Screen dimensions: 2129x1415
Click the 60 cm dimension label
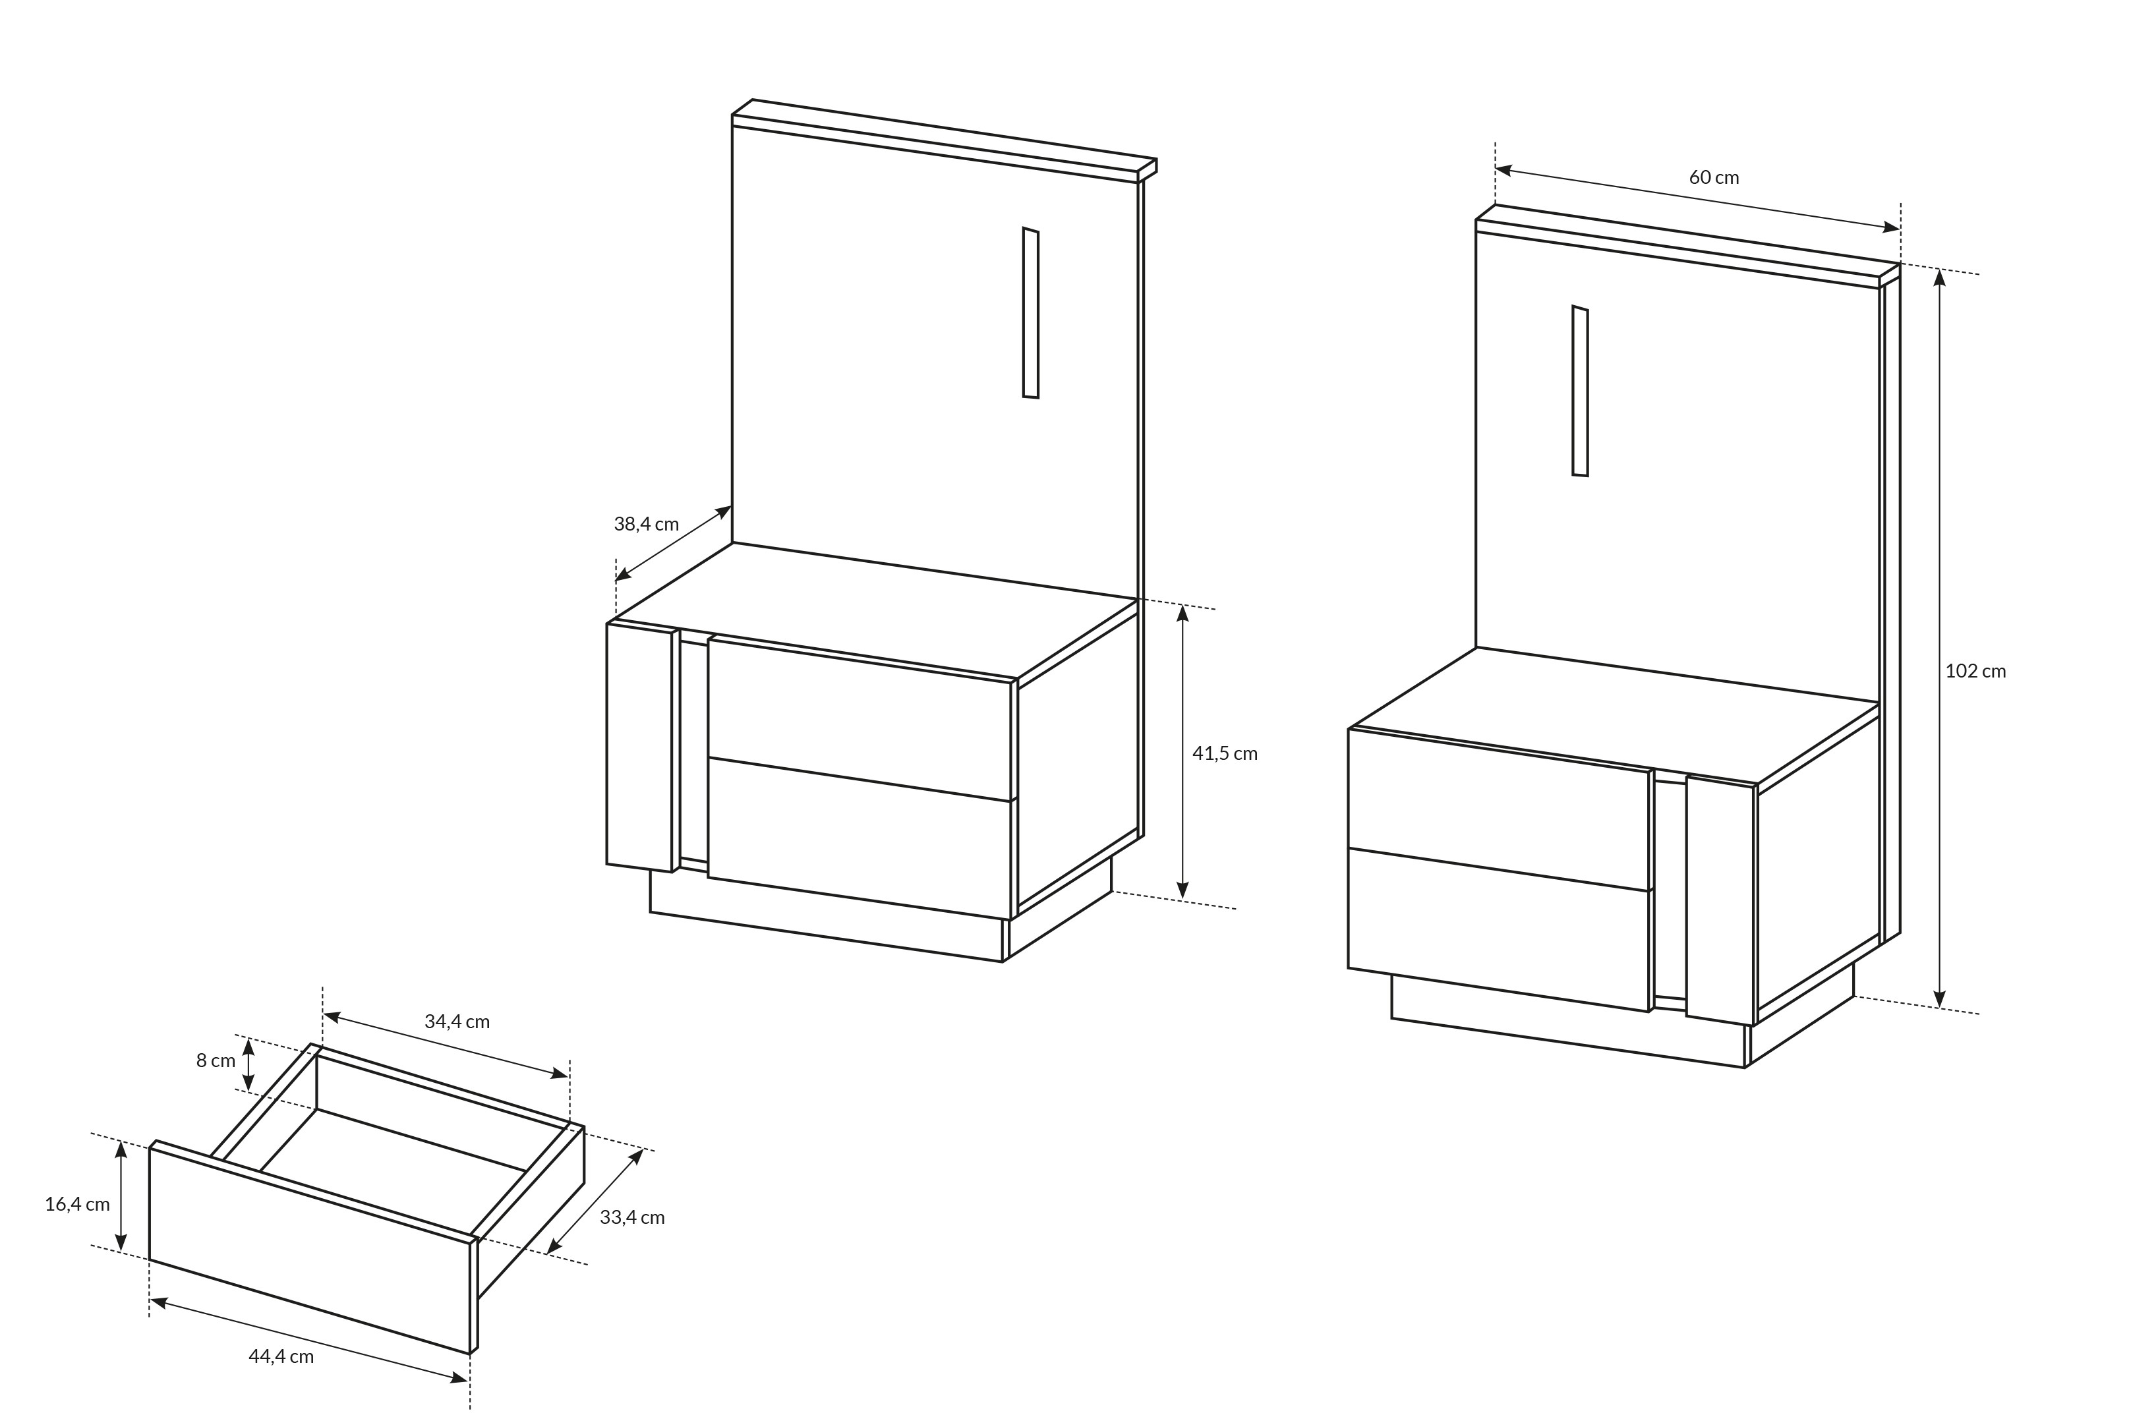[x=1714, y=177]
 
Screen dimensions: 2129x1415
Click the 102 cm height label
[x=1975, y=670]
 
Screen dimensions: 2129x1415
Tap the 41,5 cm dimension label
[x=1225, y=753]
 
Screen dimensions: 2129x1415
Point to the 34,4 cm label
[x=457, y=1022]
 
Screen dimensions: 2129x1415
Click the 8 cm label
[x=216, y=1060]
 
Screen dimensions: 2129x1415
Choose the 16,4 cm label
[x=78, y=1204]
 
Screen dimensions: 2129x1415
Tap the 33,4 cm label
[x=631, y=1217]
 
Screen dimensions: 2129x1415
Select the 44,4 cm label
[x=281, y=1356]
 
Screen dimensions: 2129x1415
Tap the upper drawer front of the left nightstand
[x=860, y=718]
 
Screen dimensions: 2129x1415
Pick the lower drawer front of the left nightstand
[x=860, y=838]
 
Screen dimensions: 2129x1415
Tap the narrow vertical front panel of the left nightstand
[x=639, y=747]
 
